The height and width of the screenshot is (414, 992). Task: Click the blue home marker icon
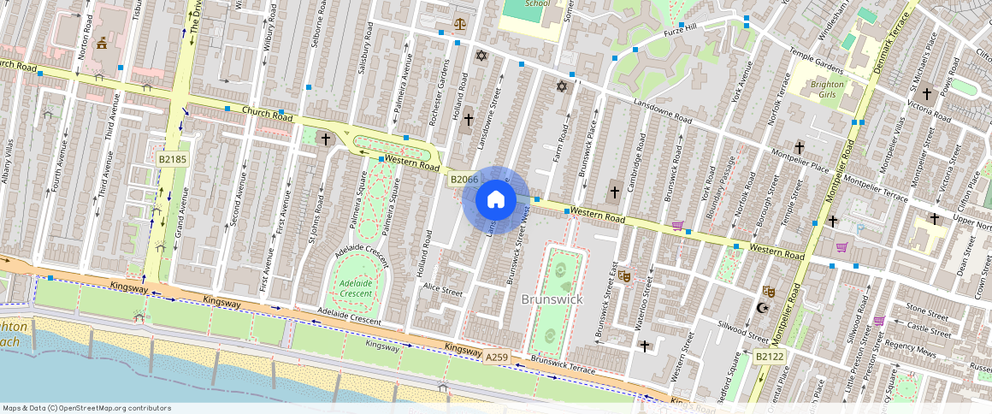(495, 200)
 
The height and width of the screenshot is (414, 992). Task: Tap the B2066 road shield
(464, 179)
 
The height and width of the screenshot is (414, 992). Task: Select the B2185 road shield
(173, 159)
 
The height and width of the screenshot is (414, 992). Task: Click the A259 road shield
(497, 357)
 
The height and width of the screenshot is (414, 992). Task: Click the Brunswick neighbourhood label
(552, 299)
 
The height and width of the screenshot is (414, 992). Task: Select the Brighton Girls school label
(827, 91)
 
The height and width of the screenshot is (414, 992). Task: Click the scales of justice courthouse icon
(461, 25)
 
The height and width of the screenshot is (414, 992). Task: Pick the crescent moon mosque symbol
(764, 308)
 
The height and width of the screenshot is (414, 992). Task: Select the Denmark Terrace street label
(889, 43)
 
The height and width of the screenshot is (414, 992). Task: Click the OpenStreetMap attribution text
(87, 408)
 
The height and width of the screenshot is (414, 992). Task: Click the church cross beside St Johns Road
(325, 138)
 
